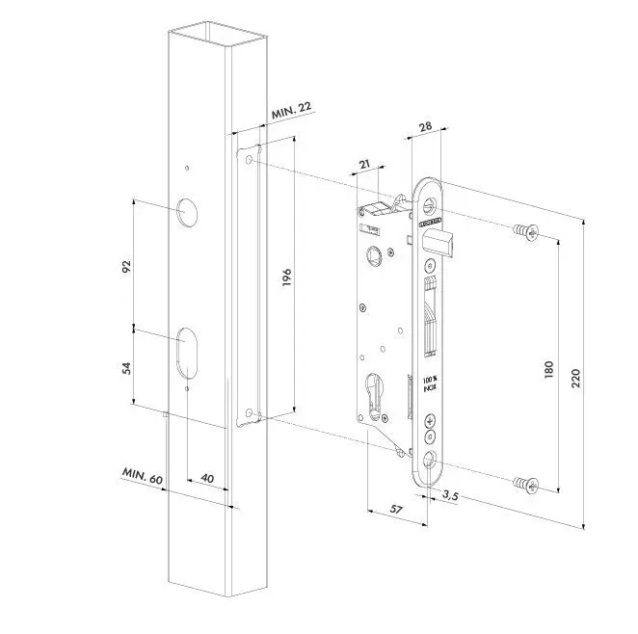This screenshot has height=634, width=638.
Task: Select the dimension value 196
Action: point(288,277)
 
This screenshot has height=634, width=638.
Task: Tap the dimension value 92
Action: point(125,266)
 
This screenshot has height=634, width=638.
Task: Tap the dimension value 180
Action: point(548,369)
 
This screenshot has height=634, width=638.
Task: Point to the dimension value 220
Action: point(576,376)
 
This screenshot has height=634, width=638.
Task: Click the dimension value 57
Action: point(395,510)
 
